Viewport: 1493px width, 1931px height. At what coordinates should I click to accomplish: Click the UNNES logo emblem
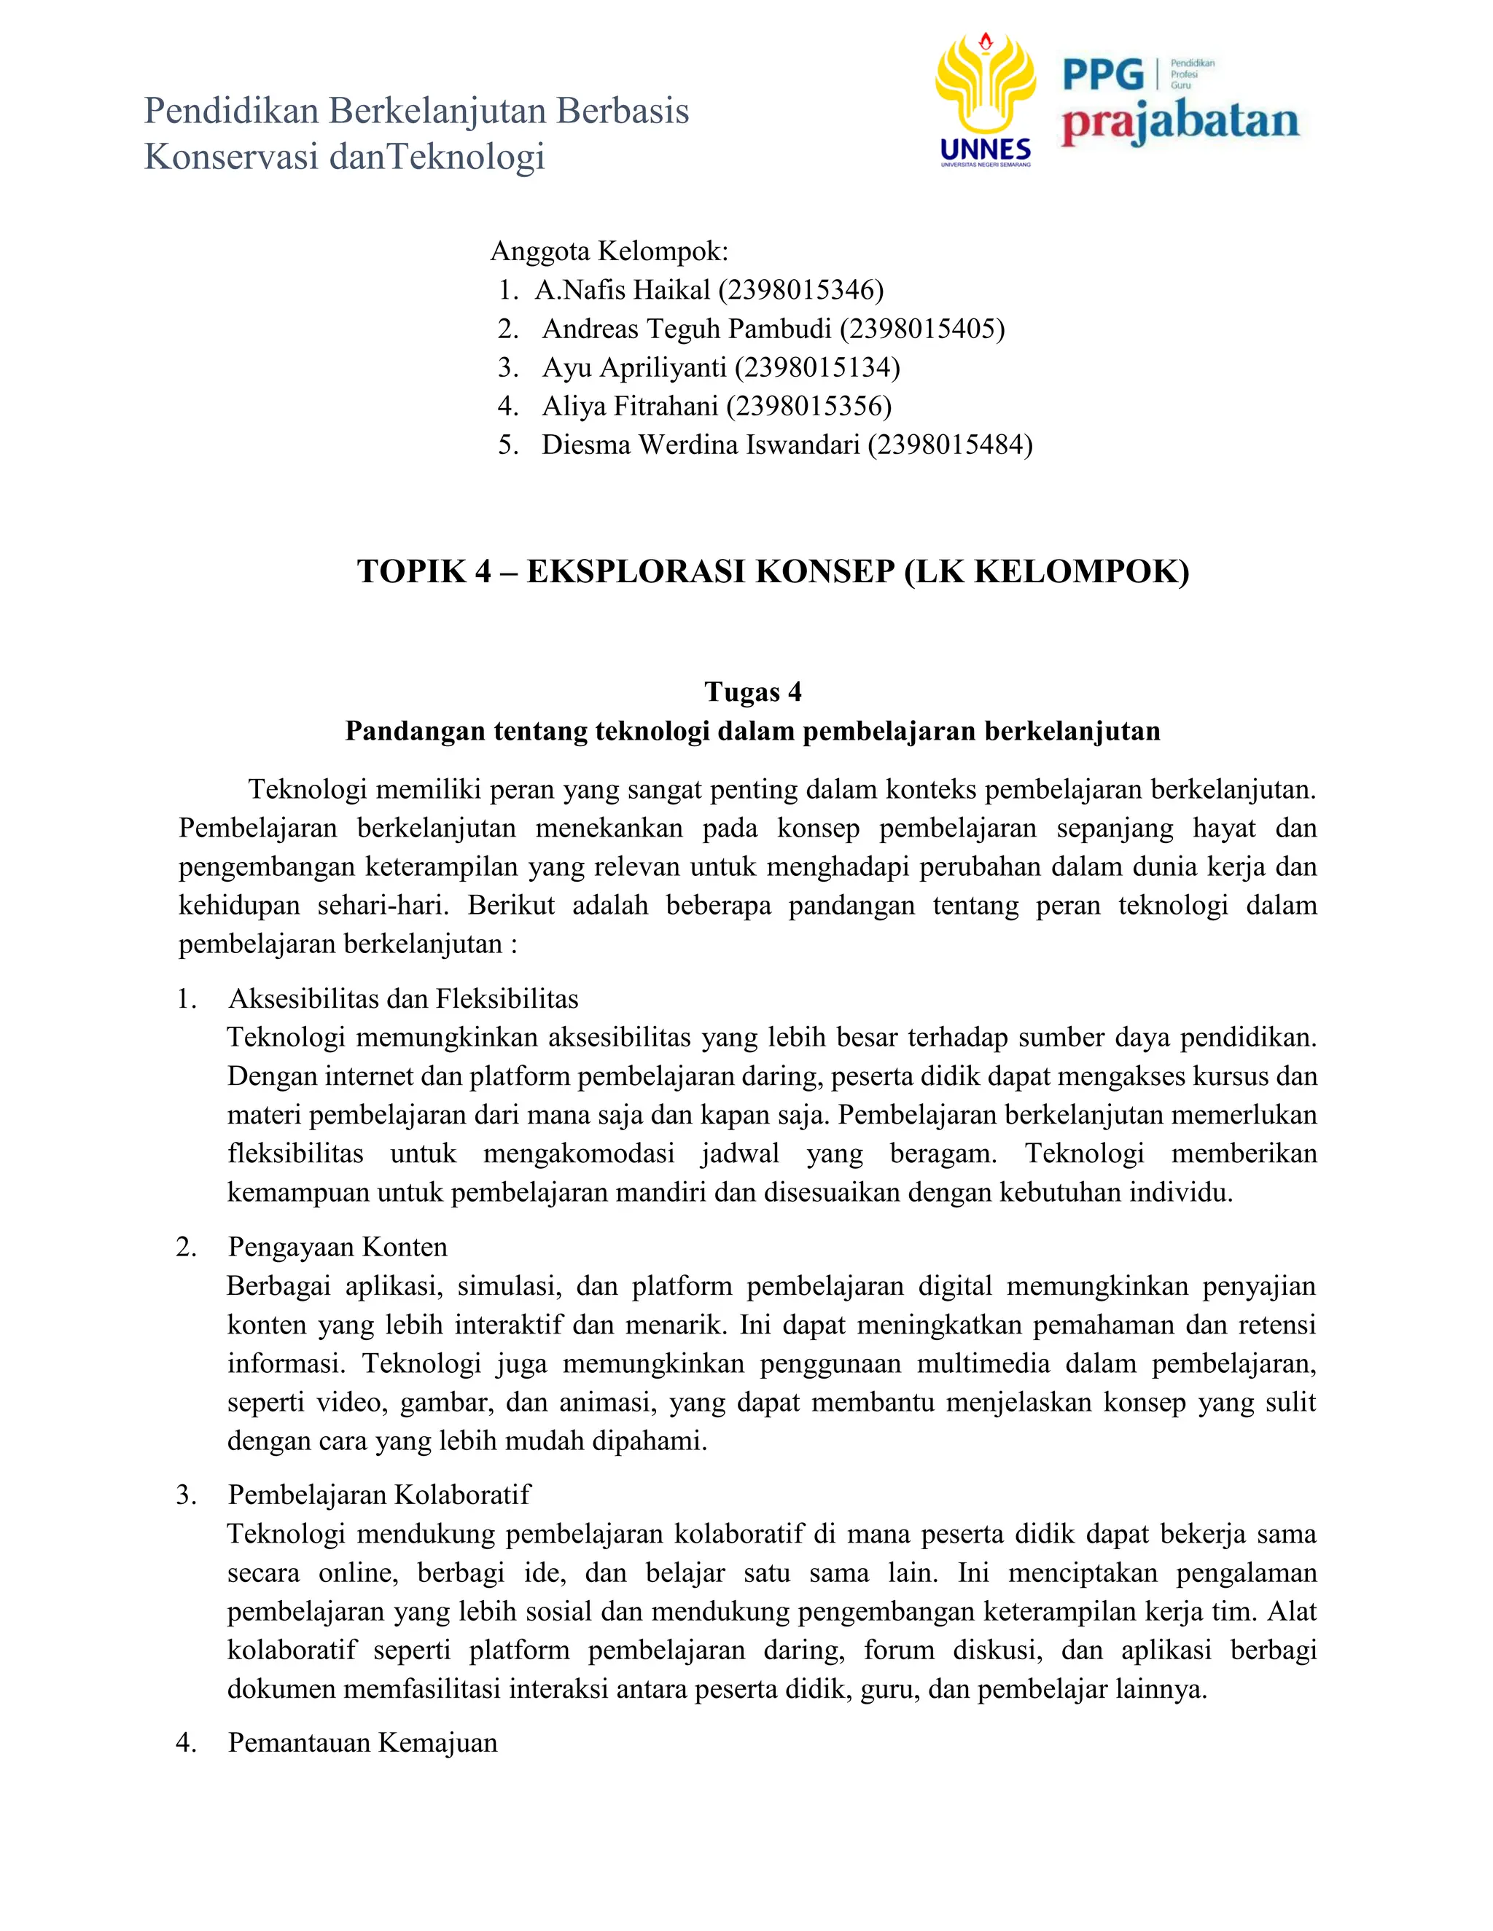[x=986, y=88]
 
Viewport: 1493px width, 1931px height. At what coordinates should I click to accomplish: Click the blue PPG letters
[x=1103, y=75]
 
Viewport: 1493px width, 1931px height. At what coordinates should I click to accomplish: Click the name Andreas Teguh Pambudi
[x=686, y=329]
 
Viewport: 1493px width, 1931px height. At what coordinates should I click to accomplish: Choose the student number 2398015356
[x=809, y=406]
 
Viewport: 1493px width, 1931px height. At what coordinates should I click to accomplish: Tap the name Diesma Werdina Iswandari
[x=701, y=444]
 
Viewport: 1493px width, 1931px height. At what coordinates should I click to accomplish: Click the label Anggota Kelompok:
[x=609, y=251]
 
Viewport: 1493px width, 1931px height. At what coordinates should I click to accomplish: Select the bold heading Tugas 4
[x=752, y=692]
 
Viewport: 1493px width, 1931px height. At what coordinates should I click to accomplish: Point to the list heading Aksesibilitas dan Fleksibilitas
[x=403, y=999]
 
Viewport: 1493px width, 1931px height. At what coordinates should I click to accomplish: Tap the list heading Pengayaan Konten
[x=338, y=1247]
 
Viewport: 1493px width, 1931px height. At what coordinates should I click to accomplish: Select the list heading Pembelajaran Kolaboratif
[x=379, y=1495]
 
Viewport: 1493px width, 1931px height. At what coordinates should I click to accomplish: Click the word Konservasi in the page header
[x=231, y=157]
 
